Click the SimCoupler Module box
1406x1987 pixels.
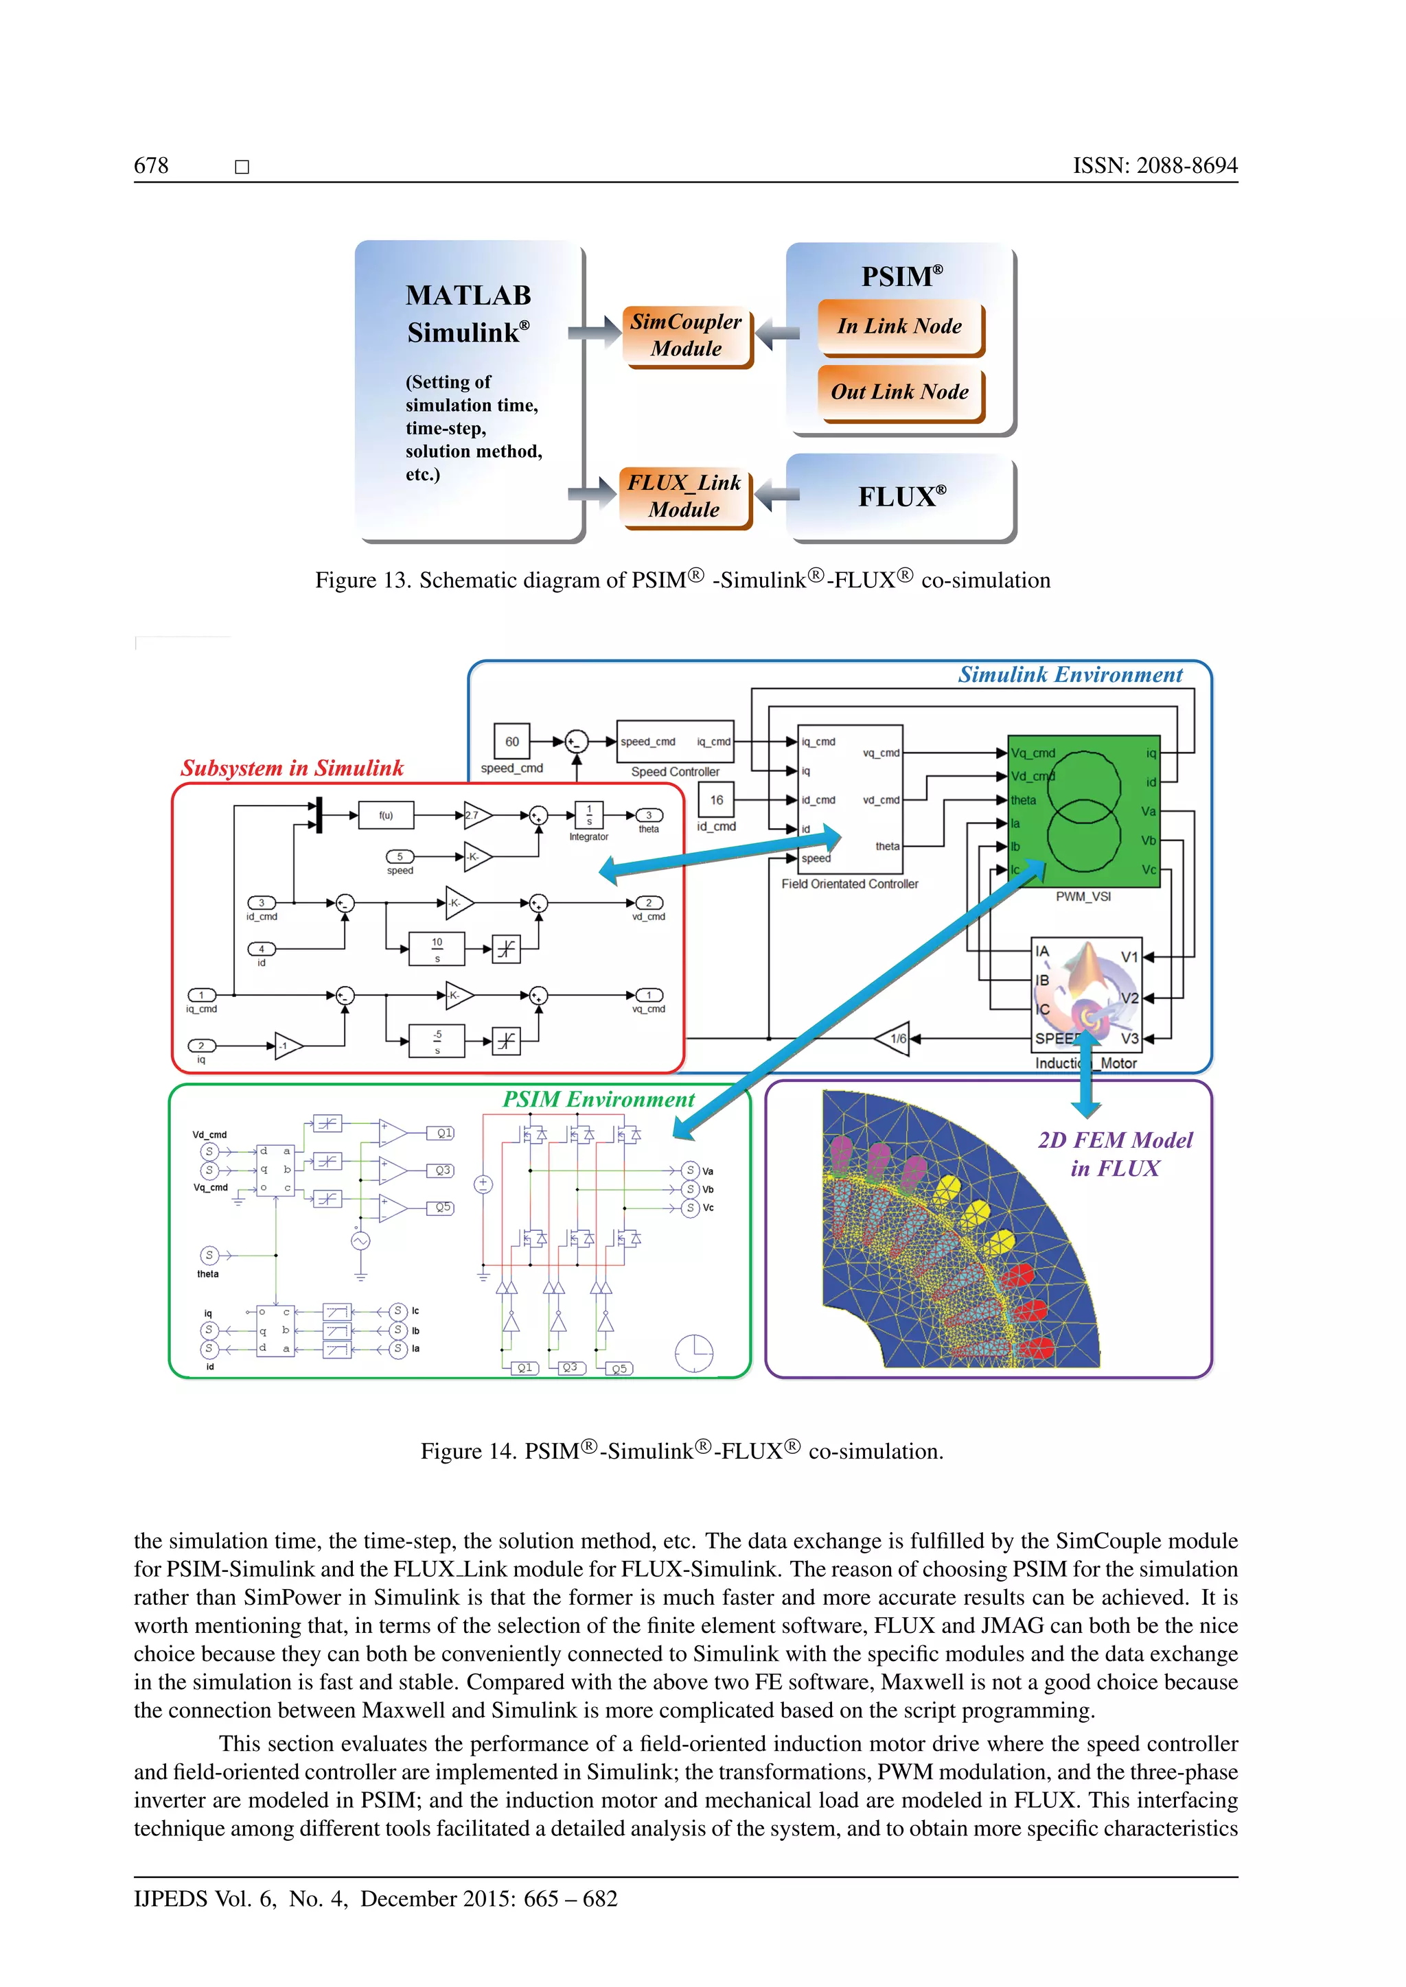tap(687, 335)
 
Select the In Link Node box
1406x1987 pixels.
tap(899, 327)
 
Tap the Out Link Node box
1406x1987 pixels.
tap(899, 392)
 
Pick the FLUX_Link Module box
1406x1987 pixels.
tap(684, 496)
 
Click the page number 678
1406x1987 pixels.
tap(152, 166)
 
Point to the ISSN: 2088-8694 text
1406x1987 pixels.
tap(1155, 166)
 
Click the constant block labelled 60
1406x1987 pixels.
tap(511, 742)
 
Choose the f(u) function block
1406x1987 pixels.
tap(386, 815)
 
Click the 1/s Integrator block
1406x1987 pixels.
tap(590, 815)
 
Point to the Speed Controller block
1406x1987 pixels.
tap(676, 742)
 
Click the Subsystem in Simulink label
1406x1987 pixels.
tap(292, 768)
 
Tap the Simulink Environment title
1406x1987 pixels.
tap(1070, 675)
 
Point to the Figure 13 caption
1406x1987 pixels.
tap(682, 580)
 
